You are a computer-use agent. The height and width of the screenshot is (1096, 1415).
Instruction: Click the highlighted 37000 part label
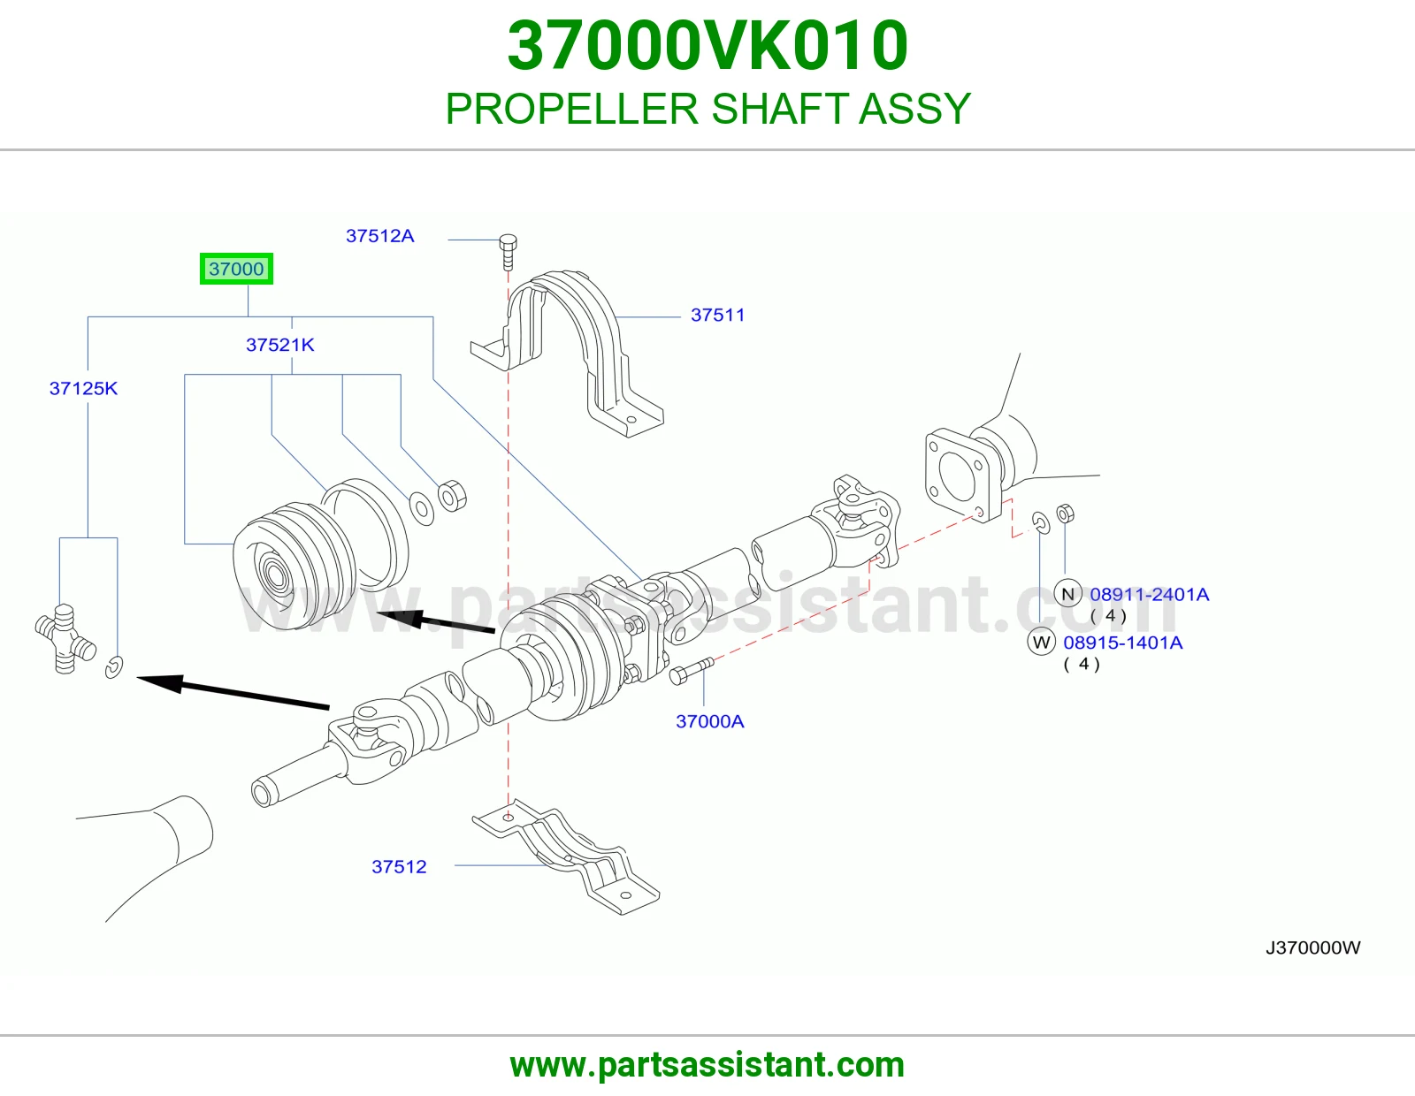tap(236, 269)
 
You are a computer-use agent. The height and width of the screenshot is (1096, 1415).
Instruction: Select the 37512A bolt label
tap(379, 236)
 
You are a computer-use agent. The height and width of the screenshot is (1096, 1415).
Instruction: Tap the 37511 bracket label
tap(717, 315)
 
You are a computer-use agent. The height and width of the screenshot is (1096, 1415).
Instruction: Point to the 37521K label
tap(280, 345)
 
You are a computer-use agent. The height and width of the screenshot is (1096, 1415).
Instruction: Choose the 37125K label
tap(83, 389)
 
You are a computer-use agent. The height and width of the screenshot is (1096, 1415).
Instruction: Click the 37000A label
tap(710, 721)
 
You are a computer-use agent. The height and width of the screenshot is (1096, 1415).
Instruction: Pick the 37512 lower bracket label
tap(399, 866)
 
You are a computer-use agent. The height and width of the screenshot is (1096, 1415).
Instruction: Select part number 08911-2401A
tap(1150, 594)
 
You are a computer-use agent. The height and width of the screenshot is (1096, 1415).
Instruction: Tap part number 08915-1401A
tap(1122, 643)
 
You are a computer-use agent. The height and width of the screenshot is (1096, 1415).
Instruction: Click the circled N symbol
tap(1068, 594)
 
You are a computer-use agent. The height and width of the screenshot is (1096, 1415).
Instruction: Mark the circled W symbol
tap(1041, 642)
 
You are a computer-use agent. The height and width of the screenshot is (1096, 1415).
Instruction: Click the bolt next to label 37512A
tap(508, 253)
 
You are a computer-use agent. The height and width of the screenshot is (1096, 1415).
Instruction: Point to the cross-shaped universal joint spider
tap(65, 638)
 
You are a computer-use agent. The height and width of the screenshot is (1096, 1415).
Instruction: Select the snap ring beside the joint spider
tap(114, 667)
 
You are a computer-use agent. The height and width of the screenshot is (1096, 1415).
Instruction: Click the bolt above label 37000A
tap(692, 671)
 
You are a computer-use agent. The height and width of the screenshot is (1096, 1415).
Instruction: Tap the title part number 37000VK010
tap(707, 46)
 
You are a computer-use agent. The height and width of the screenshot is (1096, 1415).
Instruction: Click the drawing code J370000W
tap(1312, 948)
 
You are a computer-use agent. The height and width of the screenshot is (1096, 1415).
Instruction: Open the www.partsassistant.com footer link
tap(707, 1065)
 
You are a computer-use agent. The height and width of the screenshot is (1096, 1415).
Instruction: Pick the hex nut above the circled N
tap(1066, 514)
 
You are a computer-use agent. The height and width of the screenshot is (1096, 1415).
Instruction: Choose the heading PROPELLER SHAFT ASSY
tap(707, 109)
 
